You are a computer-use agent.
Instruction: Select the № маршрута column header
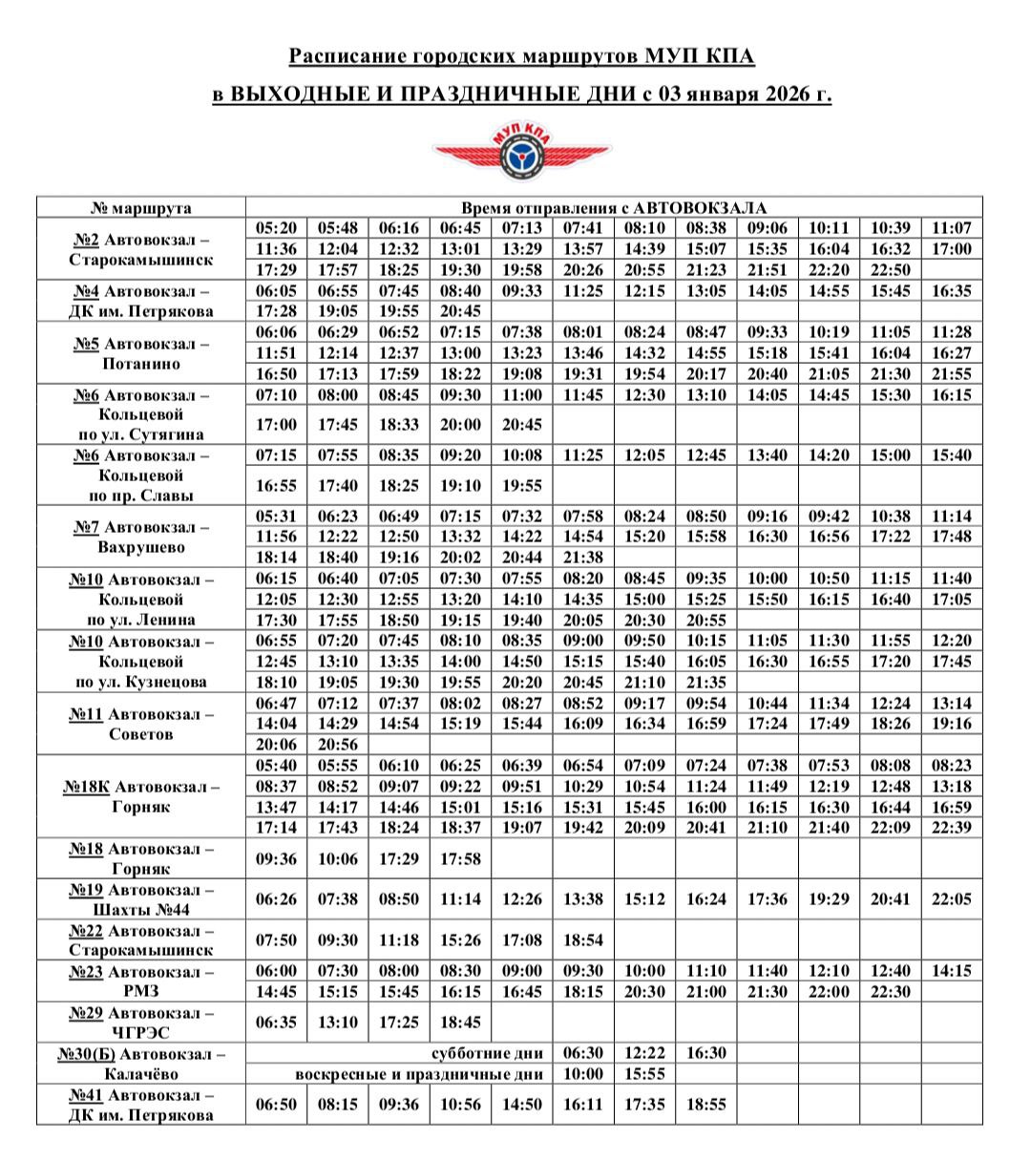(x=141, y=208)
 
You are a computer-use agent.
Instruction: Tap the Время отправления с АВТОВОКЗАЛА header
(x=614, y=208)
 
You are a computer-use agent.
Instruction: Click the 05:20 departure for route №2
(x=277, y=229)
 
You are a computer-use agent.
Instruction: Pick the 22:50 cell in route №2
(x=891, y=270)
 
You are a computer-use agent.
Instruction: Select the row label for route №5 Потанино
(x=141, y=353)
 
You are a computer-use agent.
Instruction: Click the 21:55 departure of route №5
(x=952, y=373)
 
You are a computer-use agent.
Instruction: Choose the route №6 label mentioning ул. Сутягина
(x=141, y=415)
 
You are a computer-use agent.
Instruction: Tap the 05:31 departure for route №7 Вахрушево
(x=277, y=517)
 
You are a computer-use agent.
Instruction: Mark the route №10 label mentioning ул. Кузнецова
(x=141, y=662)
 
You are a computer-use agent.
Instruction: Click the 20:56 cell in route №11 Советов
(x=338, y=745)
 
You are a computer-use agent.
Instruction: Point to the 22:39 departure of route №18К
(x=952, y=827)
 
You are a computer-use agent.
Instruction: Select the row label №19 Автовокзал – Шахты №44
(x=141, y=899)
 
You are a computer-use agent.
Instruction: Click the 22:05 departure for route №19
(x=952, y=899)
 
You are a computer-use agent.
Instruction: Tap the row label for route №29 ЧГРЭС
(x=141, y=1022)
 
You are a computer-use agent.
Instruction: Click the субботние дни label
(x=488, y=1053)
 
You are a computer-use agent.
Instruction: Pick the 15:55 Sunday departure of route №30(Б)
(x=644, y=1074)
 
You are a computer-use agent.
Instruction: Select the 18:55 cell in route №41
(x=705, y=1105)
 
